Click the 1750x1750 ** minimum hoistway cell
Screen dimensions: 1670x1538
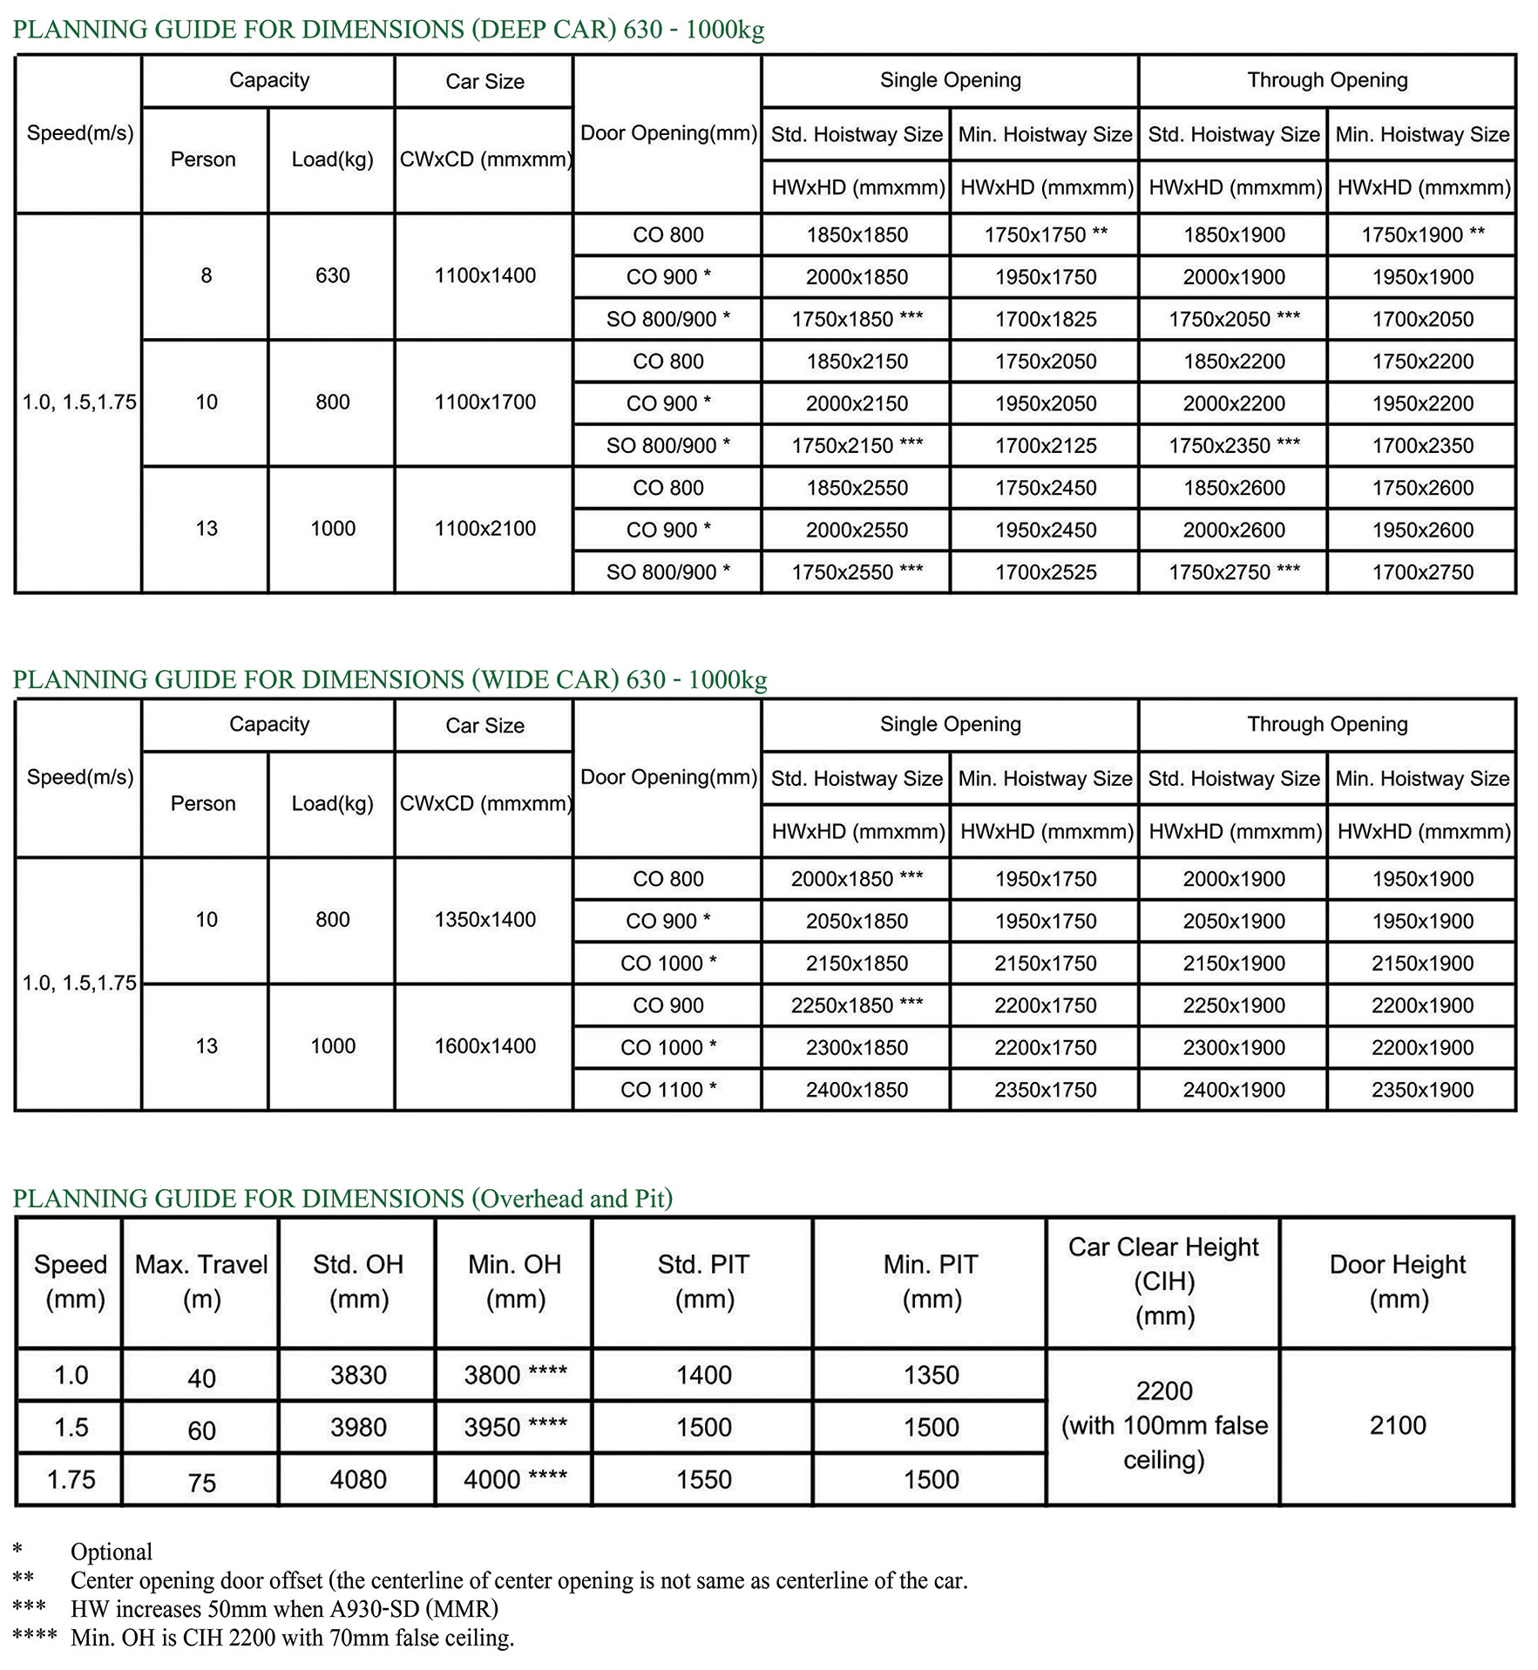click(1045, 235)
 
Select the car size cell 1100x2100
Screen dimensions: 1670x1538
click(484, 529)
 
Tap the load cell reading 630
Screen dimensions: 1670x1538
click(332, 276)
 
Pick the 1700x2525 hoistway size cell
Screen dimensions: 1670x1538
click(1045, 572)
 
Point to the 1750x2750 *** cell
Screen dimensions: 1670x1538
click(1234, 572)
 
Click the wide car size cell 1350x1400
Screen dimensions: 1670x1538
click(484, 920)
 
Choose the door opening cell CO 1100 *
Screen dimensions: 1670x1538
click(668, 1090)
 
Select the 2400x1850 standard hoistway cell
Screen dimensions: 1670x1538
click(857, 1090)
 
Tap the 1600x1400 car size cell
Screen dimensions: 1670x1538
click(484, 1046)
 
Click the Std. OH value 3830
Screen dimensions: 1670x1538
click(358, 1376)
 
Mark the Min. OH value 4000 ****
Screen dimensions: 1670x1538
click(515, 1480)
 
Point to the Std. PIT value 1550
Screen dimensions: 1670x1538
click(704, 1480)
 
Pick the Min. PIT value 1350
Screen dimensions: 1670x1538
click(931, 1376)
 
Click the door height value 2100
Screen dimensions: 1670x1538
click(1398, 1426)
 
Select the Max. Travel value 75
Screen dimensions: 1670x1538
click(201, 1483)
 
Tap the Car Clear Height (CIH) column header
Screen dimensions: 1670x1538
click(1163, 1281)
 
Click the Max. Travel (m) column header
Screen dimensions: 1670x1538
click(201, 1281)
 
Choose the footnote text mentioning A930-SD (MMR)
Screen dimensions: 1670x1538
click(284, 1609)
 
